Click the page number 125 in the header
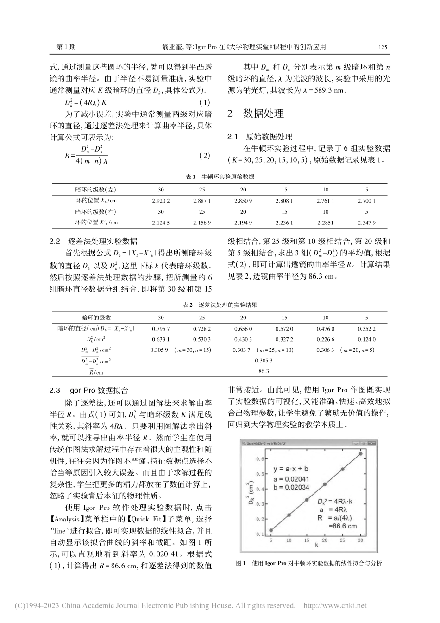tap(383, 47)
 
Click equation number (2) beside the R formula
tap(204, 156)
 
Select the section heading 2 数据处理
tap(256, 114)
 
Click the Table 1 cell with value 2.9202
tap(161, 201)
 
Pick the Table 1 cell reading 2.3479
tap(366, 222)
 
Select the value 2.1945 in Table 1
tap(243, 222)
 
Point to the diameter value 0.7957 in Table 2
tap(161, 328)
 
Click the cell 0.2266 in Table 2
tap(326, 339)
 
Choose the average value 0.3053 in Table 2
tap(264, 360)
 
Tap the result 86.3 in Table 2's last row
tap(264, 371)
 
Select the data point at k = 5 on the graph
tap(271, 530)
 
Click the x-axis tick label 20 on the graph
tap(325, 540)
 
